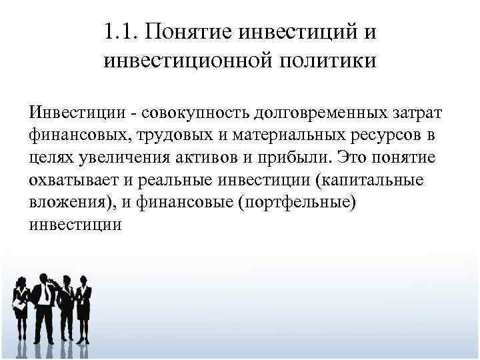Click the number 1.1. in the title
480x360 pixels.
[x=122, y=31]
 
